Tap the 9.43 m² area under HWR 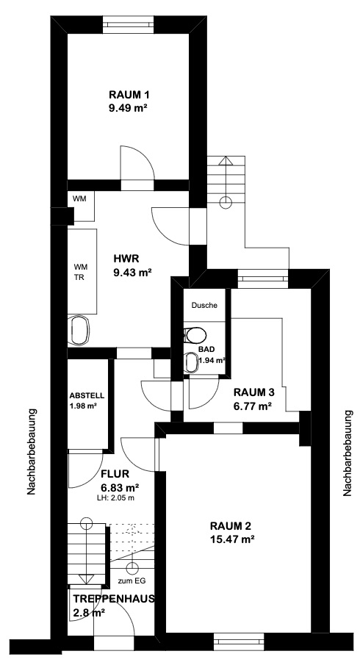pyautogui.click(x=132, y=273)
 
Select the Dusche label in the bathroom pyautogui.click(x=204, y=305)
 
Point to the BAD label pyautogui.click(x=206, y=350)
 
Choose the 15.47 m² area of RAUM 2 pyautogui.click(x=232, y=539)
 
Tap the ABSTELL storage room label pyautogui.click(x=87, y=395)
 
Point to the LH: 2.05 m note pyautogui.click(x=115, y=498)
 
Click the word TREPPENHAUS pyautogui.click(x=114, y=599)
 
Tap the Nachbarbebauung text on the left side pyautogui.click(x=32, y=451)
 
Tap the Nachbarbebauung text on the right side pyautogui.click(x=348, y=453)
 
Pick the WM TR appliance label pyautogui.click(x=79, y=271)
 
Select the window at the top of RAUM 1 pyautogui.click(x=128, y=24)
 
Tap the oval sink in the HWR pyautogui.click(x=79, y=330)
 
